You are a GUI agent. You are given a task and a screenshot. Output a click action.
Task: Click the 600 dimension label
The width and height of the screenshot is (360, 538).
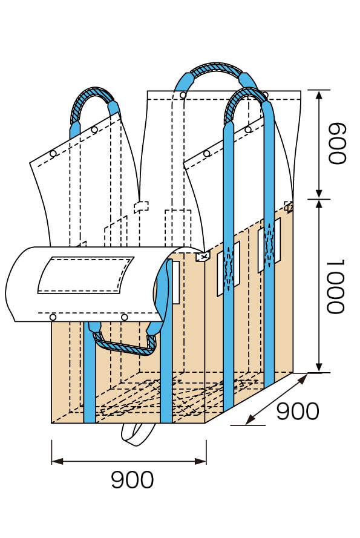pos(335,144)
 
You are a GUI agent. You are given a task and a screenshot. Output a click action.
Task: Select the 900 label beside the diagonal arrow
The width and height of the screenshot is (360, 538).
pos(297,412)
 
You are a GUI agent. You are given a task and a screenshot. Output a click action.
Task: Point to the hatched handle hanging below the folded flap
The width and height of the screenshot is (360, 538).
pos(124,346)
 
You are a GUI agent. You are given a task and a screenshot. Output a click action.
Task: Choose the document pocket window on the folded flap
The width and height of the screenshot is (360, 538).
pos(85,275)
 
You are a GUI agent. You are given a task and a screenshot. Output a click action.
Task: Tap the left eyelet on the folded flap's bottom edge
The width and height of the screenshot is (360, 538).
pos(53,317)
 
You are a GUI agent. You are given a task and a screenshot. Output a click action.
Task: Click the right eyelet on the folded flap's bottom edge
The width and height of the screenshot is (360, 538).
pos(124,317)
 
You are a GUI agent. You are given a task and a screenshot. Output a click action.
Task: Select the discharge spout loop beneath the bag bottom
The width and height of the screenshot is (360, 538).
pos(139,434)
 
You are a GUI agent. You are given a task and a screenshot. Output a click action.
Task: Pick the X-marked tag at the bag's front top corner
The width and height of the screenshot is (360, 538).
pos(202,257)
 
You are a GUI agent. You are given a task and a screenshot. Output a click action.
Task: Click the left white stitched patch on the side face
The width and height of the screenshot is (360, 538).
pos(229,268)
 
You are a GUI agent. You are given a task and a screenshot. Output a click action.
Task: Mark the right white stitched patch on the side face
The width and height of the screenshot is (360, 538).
pos(269,245)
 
